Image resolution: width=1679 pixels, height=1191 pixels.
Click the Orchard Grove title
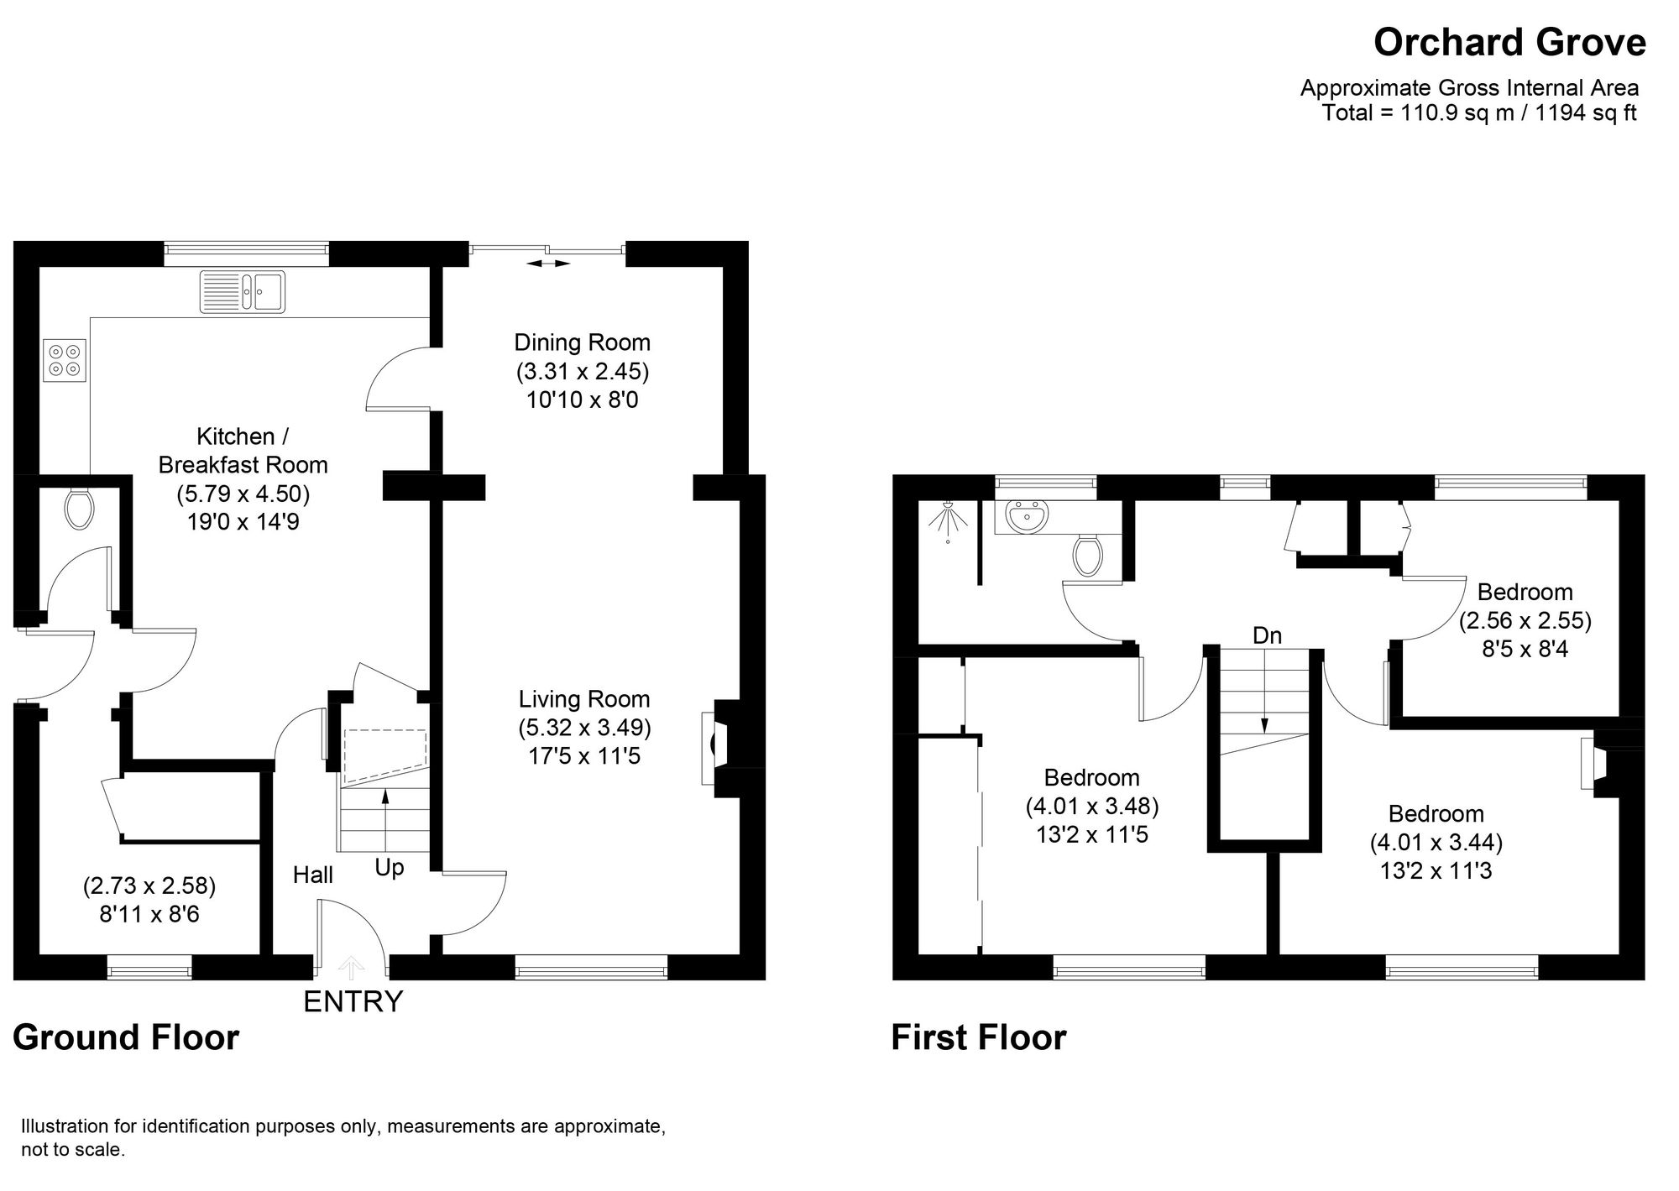tap(1509, 43)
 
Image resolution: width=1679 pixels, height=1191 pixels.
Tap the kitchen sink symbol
tap(243, 292)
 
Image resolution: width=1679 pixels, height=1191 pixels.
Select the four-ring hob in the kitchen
tap(65, 360)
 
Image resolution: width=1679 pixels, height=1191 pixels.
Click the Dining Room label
tap(582, 342)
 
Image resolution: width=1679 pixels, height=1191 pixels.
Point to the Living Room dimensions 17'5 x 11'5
tap(584, 756)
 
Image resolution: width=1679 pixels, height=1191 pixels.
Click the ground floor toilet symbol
tap(78, 509)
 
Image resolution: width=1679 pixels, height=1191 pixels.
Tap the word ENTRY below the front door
tap(353, 1001)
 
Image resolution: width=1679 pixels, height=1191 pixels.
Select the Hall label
tap(312, 875)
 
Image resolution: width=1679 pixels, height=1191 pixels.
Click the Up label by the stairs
tap(389, 868)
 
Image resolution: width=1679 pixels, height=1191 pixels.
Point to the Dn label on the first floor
tap(1267, 636)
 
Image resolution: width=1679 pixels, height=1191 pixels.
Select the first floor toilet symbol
tap(1086, 556)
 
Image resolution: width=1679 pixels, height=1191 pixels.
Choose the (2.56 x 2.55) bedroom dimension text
tap(1525, 620)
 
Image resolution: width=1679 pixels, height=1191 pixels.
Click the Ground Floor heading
tap(126, 1037)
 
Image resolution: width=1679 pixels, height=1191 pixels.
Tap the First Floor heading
tap(978, 1037)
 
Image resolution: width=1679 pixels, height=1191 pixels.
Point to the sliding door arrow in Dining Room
tap(548, 264)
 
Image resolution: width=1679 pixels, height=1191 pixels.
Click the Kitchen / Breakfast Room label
tap(243, 451)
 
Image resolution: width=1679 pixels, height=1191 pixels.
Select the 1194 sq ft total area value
tap(1586, 113)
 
